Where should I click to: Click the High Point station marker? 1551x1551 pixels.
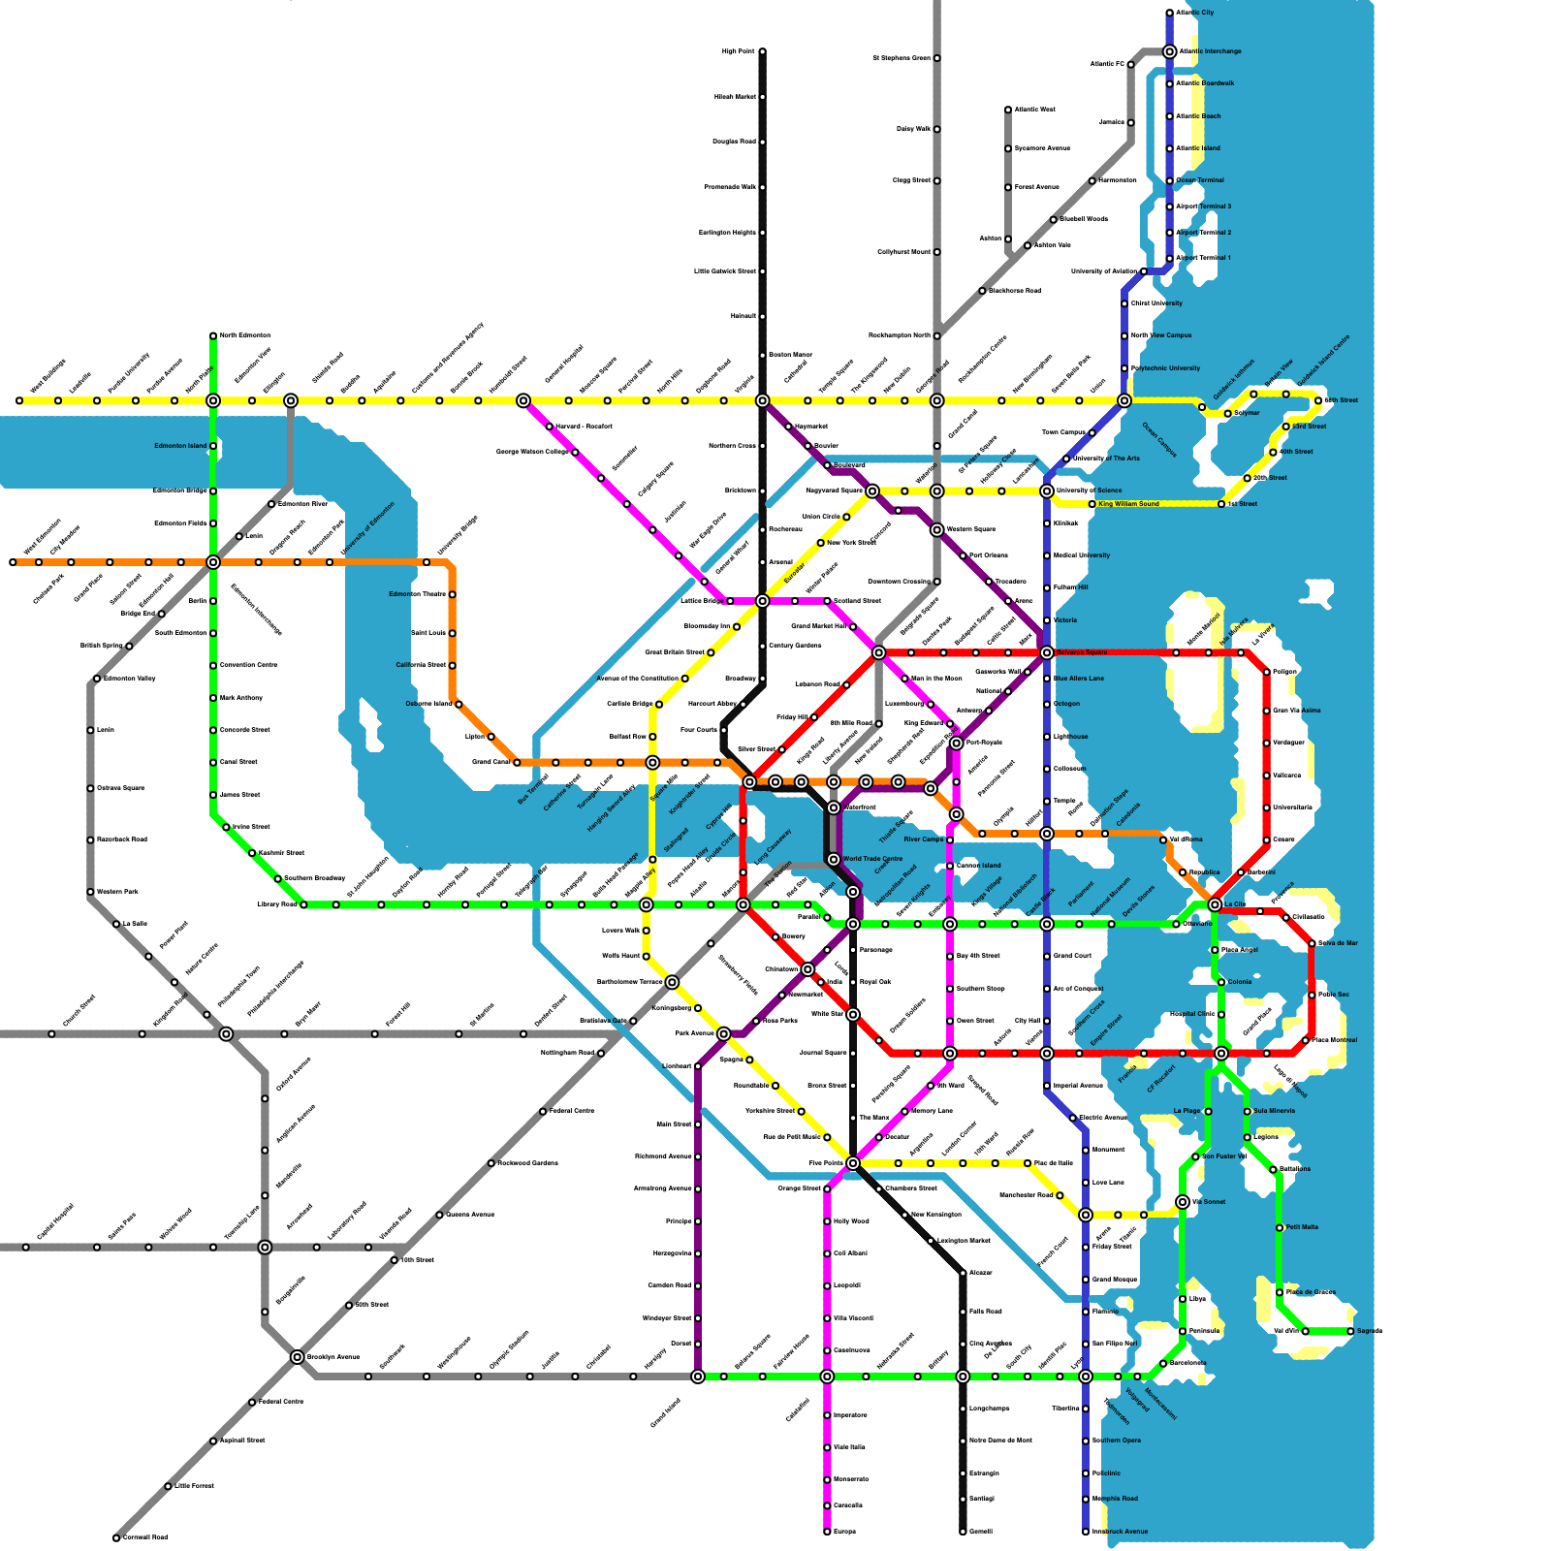762,51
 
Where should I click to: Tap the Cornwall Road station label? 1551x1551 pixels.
145,1537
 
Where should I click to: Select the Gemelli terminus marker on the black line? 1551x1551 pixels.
963,1532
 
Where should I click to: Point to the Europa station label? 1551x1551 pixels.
844,1532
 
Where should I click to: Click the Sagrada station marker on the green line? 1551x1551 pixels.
1350,1331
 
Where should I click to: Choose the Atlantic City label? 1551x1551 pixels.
1195,13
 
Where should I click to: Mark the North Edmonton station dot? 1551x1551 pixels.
213,335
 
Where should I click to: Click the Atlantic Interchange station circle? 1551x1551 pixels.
1169,51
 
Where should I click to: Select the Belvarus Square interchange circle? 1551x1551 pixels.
1047,652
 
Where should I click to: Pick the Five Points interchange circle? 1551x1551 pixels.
853,1163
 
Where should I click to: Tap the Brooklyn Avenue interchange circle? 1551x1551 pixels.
298,1357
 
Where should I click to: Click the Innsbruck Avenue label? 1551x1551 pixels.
1120,1532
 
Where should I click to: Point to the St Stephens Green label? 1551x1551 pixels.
902,58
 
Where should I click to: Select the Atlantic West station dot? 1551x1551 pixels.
1008,110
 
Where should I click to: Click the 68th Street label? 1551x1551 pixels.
1342,400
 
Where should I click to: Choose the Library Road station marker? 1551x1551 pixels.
303,904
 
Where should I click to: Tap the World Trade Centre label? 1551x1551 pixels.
872,859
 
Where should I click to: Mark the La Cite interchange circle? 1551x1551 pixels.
1215,904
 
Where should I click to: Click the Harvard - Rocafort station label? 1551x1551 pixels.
584,427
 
